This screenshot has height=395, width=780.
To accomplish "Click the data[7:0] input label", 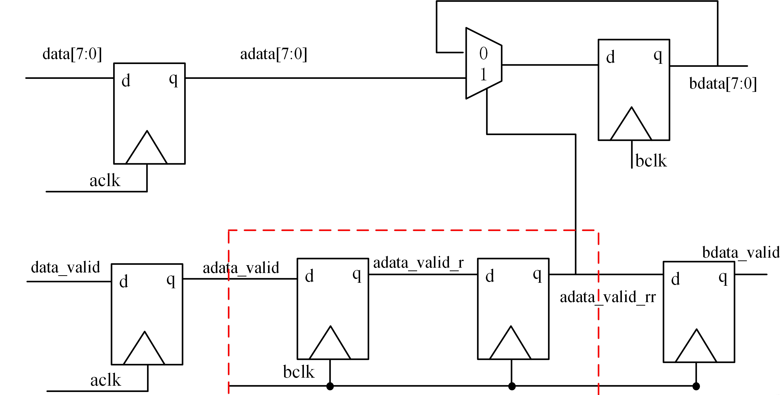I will (x=72, y=54).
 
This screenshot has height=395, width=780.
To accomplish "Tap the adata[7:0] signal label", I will (x=273, y=54).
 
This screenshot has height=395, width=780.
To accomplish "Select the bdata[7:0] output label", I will (x=723, y=84).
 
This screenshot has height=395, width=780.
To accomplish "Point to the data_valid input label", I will (x=66, y=267).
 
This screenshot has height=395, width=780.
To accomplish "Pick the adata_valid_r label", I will (x=418, y=263).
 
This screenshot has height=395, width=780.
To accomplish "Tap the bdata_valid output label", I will (x=741, y=253).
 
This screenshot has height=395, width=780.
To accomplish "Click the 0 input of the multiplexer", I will (x=483, y=54).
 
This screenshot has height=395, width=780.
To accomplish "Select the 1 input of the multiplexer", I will (x=483, y=75).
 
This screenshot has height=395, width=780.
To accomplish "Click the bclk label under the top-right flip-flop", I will (x=651, y=161).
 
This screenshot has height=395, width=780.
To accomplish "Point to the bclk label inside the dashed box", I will (x=299, y=372).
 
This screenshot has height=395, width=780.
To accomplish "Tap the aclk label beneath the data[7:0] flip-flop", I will (x=105, y=181).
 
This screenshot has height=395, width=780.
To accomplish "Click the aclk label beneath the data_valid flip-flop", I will (x=106, y=380).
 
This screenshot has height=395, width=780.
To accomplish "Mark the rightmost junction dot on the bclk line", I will (x=696, y=386).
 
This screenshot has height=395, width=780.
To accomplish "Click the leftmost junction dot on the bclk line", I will (x=330, y=386).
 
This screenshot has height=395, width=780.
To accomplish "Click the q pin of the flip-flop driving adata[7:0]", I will (x=173, y=79).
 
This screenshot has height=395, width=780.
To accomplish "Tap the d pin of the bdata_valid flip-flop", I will (x=676, y=279).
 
